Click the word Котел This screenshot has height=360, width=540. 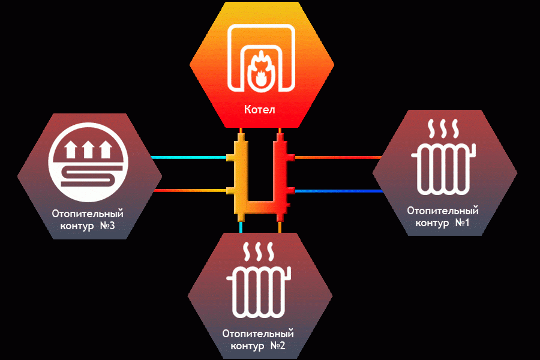260,110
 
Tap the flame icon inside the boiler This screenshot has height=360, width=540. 261,71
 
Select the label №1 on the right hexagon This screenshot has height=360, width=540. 462,223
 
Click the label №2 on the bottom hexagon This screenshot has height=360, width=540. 278,346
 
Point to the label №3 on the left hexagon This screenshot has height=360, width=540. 107,226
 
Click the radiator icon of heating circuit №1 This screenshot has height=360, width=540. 443,169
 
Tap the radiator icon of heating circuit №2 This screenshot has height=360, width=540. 259,292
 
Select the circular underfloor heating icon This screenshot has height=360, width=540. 88,162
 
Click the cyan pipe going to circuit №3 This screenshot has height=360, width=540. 188,157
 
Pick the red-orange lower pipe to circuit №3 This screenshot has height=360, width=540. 190,190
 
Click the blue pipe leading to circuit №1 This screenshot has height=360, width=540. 339,191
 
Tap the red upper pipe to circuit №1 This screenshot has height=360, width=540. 338,157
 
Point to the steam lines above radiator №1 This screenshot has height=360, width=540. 443,129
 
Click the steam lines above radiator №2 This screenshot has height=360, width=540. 259,251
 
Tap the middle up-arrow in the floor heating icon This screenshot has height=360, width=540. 88,149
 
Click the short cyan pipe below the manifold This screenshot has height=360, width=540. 241,227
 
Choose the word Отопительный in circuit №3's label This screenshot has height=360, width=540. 88,214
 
